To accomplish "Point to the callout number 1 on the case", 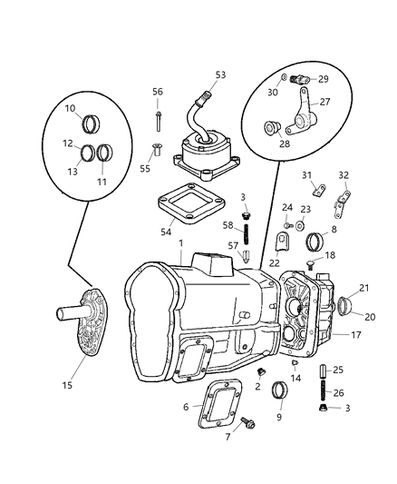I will (x=180, y=242).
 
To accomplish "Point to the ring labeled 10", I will (x=92, y=122).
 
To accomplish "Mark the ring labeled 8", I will (x=316, y=242).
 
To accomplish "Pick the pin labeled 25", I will (x=324, y=372).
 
